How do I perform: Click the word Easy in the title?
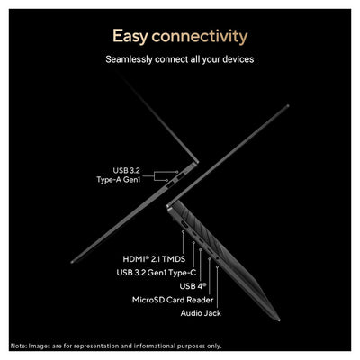point(130,37)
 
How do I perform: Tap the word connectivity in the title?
point(200,36)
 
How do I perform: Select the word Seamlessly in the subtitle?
point(129,59)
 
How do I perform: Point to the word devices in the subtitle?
point(238,59)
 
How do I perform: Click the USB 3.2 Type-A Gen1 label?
point(119,175)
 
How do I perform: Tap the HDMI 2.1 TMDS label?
point(154,259)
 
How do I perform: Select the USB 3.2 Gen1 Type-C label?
point(157,273)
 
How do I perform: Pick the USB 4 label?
point(193,286)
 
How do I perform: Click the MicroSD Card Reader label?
point(173,300)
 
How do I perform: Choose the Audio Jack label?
point(201,313)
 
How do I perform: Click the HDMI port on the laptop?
point(184,224)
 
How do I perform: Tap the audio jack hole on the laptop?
point(217,258)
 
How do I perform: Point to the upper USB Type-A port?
point(181,176)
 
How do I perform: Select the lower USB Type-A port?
point(170,184)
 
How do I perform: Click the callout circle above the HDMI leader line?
point(183,231)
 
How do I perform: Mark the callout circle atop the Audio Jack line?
point(217,266)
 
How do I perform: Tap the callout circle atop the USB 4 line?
point(201,249)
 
